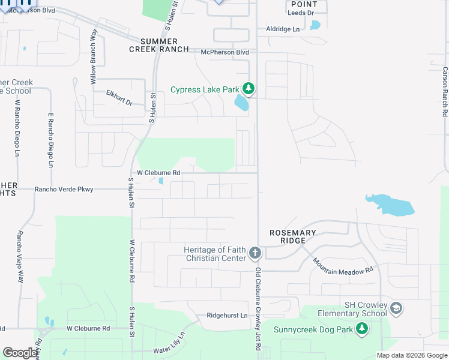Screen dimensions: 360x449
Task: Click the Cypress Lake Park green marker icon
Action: pos(249,89)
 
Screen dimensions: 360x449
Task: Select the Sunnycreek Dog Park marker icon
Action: pos(361,328)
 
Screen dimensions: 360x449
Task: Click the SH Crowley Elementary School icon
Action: pos(396,308)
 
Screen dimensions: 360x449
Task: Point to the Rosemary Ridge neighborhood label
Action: pos(292,236)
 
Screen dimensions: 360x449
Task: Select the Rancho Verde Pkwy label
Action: pos(64,190)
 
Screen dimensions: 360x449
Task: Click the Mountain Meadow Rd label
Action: pos(343,267)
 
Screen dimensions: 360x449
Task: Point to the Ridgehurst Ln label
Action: pos(227,316)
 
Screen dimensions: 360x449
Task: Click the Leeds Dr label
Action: pos(301,13)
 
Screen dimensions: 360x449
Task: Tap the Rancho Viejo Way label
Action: pos(20,257)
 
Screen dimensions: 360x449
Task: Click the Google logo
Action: pos(20,353)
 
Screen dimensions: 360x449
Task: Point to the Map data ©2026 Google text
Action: pos(411,355)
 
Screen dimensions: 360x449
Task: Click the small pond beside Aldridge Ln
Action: pos(315,25)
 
